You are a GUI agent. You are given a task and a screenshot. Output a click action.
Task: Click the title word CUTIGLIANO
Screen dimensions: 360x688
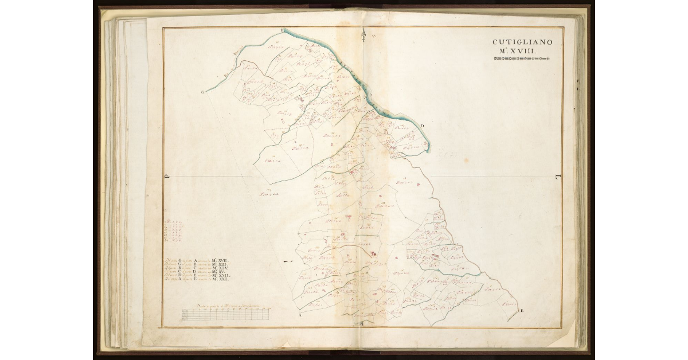(521, 42)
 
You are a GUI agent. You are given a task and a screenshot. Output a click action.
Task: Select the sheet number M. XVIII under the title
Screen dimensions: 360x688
(521, 52)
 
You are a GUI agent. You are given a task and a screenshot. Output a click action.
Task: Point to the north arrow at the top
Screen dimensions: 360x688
(363, 37)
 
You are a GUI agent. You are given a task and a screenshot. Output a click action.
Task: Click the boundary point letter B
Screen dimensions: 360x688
(282, 30)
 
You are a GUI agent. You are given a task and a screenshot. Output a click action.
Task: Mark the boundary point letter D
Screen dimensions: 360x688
(423, 126)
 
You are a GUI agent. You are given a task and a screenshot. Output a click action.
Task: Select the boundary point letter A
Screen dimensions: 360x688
(299, 315)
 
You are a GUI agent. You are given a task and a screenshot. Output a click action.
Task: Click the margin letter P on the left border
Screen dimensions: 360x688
(167, 177)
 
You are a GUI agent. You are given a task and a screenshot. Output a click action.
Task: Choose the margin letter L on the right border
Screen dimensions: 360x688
(557, 177)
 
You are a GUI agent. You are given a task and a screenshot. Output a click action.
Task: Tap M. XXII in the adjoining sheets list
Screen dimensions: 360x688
(221, 276)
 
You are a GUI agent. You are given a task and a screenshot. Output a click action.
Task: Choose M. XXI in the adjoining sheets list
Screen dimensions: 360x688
(221, 280)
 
